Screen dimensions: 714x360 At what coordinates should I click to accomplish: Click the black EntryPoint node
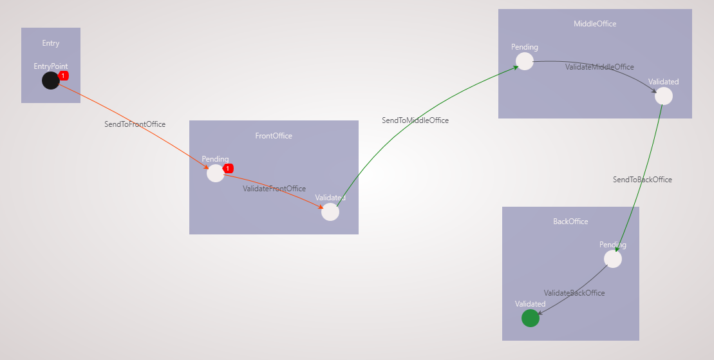[51, 81]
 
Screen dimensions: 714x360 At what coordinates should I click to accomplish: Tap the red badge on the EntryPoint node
[63, 75]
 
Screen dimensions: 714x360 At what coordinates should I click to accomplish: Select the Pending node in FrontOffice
[216, 173]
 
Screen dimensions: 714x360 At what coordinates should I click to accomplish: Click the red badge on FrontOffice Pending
[228, 169]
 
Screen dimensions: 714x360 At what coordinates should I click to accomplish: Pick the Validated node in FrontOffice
[330, 212]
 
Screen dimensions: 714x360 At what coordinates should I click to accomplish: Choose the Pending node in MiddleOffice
[525, 62]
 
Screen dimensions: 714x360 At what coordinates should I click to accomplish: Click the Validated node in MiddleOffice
[663, 96]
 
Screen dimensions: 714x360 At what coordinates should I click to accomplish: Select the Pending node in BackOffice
[613, 259]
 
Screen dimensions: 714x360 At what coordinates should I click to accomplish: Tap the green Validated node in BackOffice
[531, 318]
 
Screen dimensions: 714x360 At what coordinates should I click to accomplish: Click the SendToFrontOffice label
[135, 124]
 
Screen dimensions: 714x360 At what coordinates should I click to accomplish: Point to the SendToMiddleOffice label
[415, 120]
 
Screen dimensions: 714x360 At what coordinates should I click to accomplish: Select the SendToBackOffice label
[642, 180]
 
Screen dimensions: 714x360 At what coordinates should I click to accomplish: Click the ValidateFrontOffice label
[274, 189]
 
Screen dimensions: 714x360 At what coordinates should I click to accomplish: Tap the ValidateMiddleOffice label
[599, 67]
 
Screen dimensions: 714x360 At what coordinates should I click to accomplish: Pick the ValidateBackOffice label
[574, 293]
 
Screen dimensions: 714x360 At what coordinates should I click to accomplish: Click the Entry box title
[51, 43]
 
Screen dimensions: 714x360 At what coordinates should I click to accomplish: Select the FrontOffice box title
[274, 136]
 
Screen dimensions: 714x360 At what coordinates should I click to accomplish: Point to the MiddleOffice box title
[595, 24]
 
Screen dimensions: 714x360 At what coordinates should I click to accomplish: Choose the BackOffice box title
[570, 222]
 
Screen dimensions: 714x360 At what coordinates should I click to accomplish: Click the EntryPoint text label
[51, 66]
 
